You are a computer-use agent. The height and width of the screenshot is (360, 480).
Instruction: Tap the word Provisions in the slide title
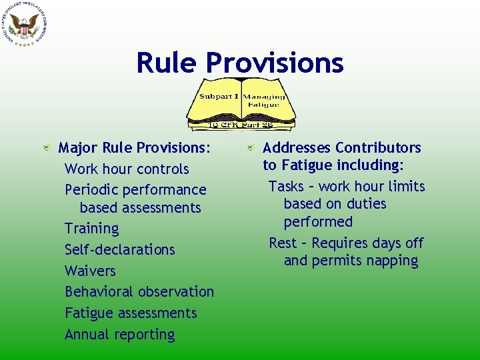[x=275, y=63]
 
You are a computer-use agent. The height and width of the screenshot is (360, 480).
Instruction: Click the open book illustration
[x=239, y=104]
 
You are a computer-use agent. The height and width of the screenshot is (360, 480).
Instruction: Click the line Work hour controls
[x=127, y=169]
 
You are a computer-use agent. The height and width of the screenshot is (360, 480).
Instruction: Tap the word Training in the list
[x=91, y=229]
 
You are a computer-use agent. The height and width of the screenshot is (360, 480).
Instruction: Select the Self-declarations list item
[x=119, y=250]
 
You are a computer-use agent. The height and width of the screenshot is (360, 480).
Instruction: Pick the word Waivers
[x=90, y=271]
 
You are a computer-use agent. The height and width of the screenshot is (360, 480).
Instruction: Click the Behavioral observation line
[x=139, y=292]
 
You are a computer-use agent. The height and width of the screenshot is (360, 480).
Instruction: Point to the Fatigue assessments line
[x=131, y=313]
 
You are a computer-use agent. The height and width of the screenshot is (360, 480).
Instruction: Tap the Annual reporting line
[x=119, y=335]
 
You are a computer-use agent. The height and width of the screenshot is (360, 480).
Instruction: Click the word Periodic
[x=92, y=191]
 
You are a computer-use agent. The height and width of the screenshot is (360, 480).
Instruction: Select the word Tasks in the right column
[x=286, y=187]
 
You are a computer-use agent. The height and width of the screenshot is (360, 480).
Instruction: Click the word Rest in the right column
[x=283, y=243]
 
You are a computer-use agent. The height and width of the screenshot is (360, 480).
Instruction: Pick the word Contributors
[x=378, y=147]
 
